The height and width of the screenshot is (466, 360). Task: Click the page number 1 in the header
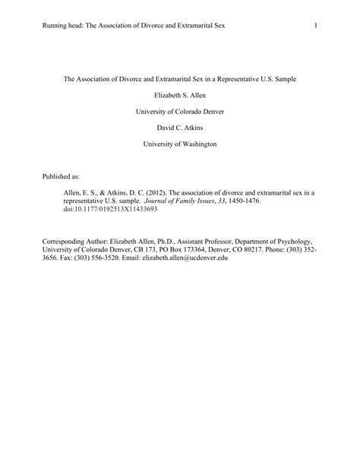[x=314, y=27]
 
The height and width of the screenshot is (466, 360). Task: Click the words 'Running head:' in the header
[x=65, y=27]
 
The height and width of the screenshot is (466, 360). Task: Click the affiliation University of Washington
[x=180, y=144]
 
